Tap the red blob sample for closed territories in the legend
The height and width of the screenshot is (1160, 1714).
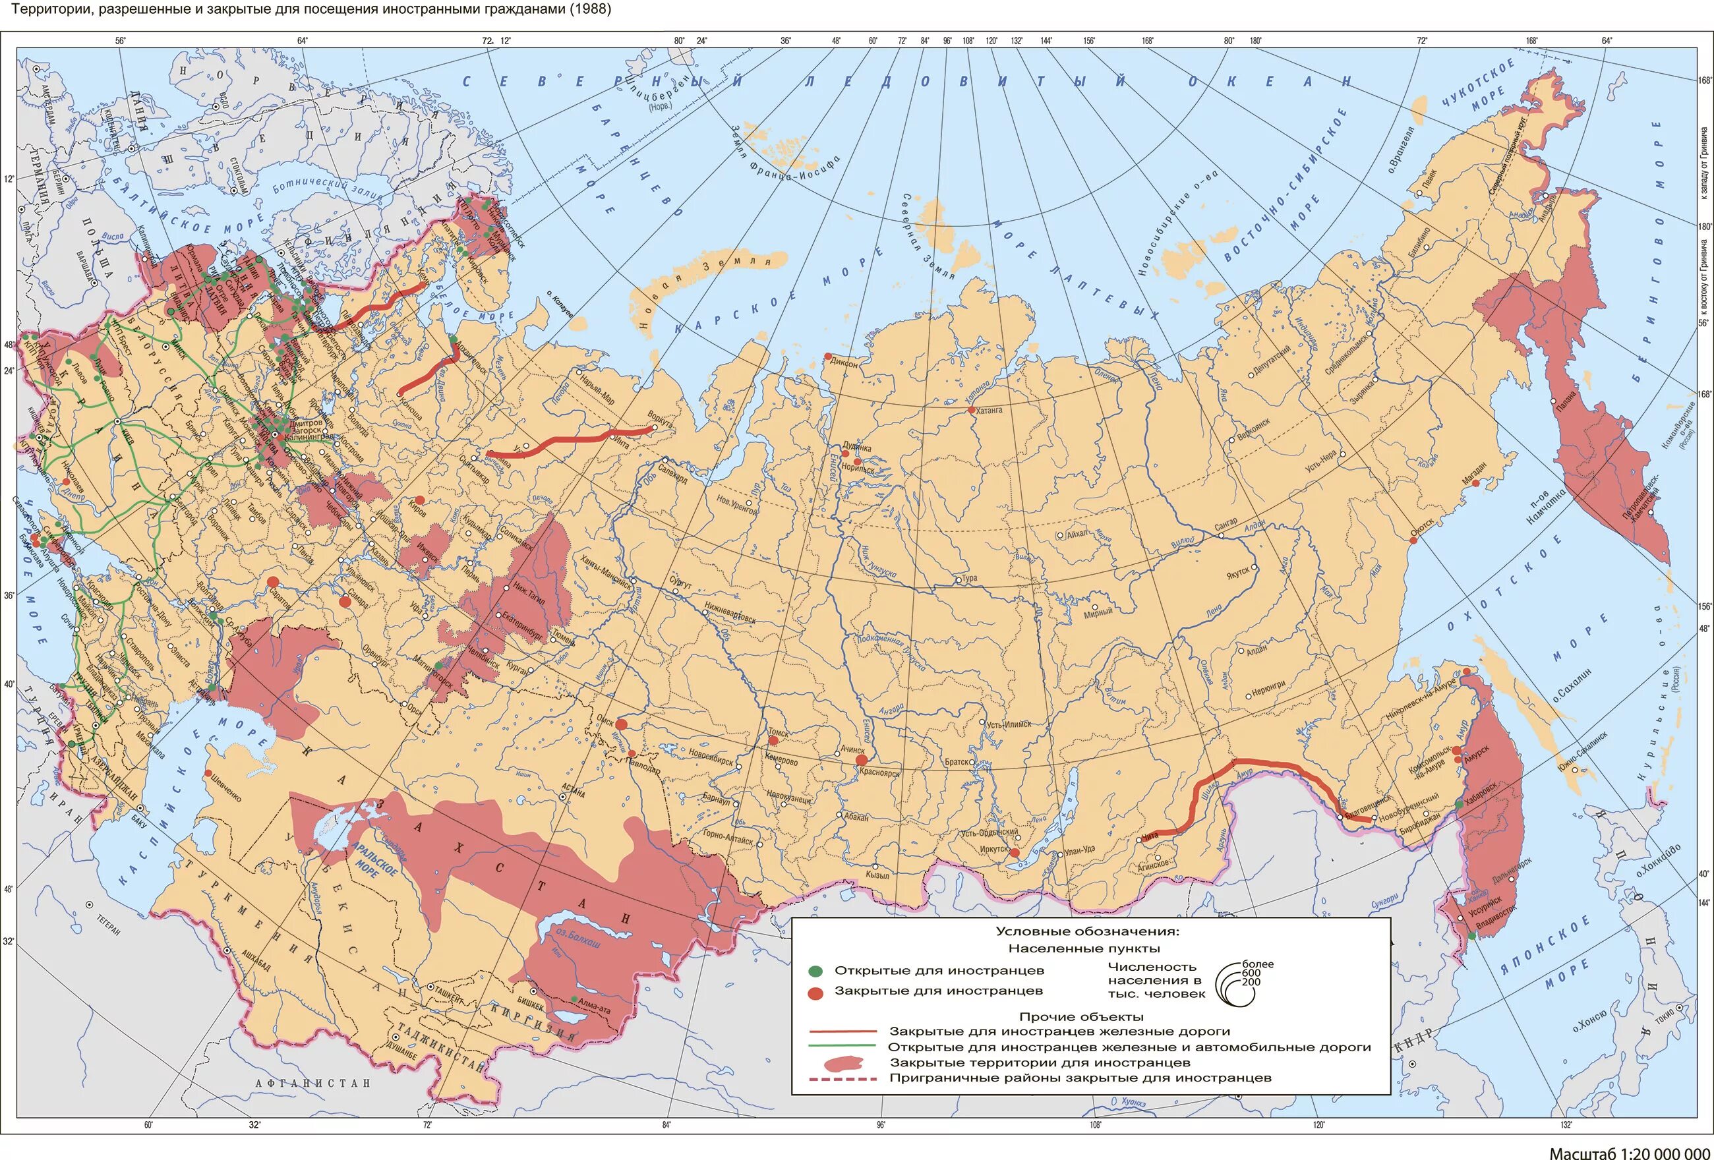pos(843,1063)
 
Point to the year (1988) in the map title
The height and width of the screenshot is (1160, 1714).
pos(589,10)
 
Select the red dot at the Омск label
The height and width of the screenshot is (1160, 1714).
pos(621,724)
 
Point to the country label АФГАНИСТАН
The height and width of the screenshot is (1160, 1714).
pos(312,1084)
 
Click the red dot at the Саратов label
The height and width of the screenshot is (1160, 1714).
pos(273,582)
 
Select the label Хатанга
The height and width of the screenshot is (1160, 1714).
pos(989,410)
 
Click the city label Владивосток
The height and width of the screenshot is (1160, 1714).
pos(1495,919)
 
